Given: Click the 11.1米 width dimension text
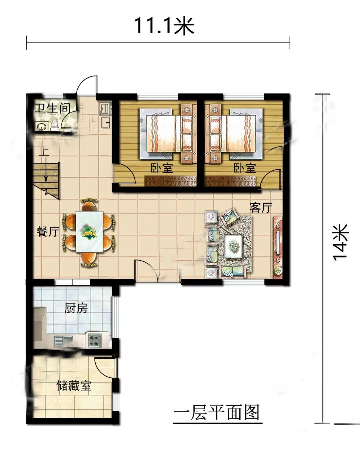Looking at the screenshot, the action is [164, 26].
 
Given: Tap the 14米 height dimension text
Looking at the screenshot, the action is [340, 242].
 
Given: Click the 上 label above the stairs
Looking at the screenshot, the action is [44, 152].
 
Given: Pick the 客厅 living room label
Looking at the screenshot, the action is [261, 208].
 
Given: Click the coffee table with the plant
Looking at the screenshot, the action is [233, 246].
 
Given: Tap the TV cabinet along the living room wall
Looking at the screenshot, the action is [278, 248].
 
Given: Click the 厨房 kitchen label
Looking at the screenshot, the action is [76, 308].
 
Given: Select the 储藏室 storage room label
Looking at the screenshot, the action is [74, 386].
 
